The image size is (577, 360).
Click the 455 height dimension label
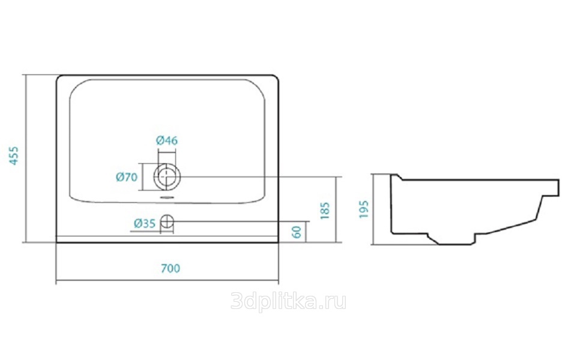(x=14, y=155)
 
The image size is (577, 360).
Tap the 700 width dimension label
(x=171, y=268)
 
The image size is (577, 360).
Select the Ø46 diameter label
(x=167, y=140)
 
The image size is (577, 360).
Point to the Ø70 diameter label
(x=127, y=177)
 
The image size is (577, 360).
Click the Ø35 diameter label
(x=145, y=223)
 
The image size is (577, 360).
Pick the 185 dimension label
(x=325, y=211)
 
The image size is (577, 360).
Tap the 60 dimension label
(x=297, y=232)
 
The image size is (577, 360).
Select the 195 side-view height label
(x=364, y=209)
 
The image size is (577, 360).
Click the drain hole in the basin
(x=167, y=176)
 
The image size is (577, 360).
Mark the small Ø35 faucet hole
(x=167, y=222)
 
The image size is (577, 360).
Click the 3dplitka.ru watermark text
(x=288, y=302)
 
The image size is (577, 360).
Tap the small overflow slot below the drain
(x=167, y=197)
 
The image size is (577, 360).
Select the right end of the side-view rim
(x=558, y=188)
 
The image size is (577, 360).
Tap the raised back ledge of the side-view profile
(x=396, y=177)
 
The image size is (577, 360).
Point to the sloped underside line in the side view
(x=510, y=227)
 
